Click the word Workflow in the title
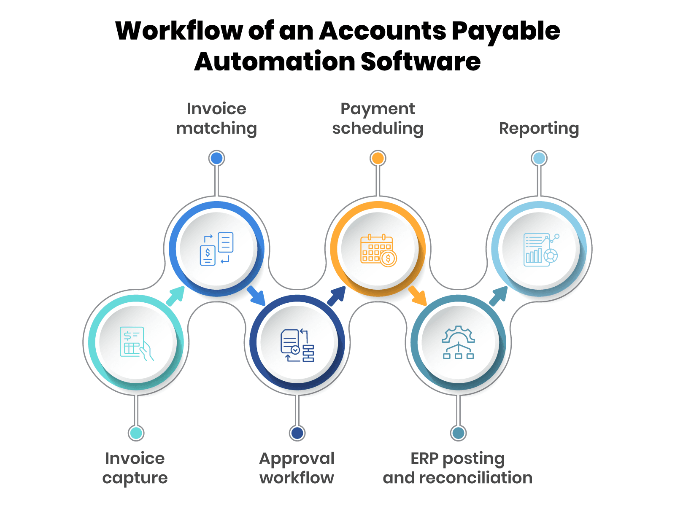click(x=179, y=31)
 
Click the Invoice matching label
click(x=216, y=118)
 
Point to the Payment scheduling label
click(x=378, y=118)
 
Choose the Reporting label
click(x=539, y=128)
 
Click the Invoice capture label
click(x=135, y=468)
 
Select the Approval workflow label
click(x=297, y=468)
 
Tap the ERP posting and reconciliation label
click(x=458, y=468)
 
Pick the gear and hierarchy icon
click(x=459, y=342)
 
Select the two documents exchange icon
click(x=216, y=249)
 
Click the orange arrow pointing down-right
click(x=418, y=296)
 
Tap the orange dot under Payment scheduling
click(x=378, y=159)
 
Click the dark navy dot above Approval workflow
click(x=297, y=433)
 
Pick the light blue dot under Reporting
click(x=539, y=159)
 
